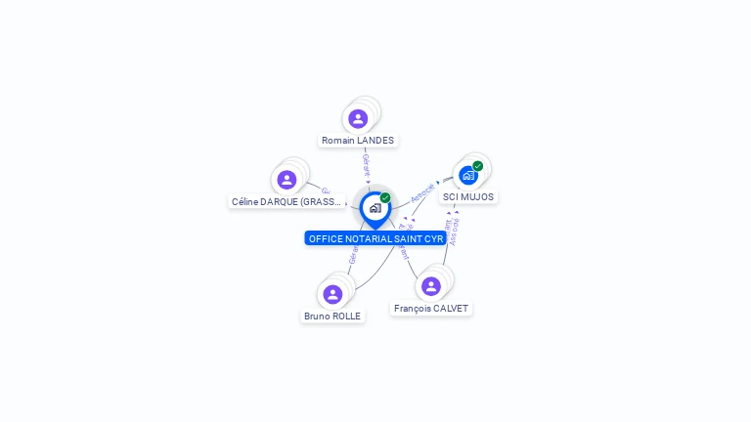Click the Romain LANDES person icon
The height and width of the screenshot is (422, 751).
point(358,119)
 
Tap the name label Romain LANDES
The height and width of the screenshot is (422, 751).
point(358,141)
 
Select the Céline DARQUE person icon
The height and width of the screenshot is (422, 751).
point(287,180)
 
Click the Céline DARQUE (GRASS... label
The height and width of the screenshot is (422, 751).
point(287,202)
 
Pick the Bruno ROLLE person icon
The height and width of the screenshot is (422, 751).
point(332,294)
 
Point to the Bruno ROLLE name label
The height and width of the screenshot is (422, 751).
point(332,316)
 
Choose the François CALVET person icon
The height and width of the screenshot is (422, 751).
point(431,286)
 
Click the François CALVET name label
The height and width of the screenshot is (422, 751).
point(431,309)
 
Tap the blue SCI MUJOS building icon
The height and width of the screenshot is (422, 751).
point(467,176)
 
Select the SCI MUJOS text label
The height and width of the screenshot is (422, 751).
point(468,197)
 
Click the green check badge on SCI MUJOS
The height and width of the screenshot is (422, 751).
point(478,166)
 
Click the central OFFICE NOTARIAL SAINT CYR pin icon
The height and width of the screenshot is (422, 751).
point(375,208)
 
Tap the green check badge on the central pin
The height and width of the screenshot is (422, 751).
point(385,198)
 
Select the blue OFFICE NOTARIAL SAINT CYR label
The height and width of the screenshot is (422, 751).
point(375,238)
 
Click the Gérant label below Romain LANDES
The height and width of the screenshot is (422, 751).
point(366,164)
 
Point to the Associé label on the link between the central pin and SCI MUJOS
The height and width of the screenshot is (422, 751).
point(422,191)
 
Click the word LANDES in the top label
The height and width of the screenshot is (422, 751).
point(375,141)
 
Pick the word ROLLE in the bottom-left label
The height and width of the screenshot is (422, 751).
point(345,316)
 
